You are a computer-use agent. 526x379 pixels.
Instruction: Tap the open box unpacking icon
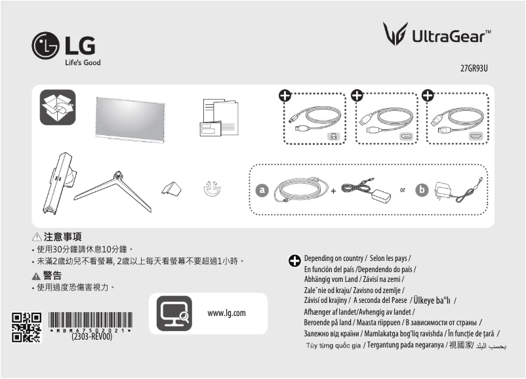pyautogui.click(x=58, y=107)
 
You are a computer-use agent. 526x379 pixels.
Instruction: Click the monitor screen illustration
pyautogui.click(x=128, y=117)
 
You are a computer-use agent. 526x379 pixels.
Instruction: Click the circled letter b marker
pyautogui.click(x=423, y=190)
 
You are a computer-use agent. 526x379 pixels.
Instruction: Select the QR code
pyautogui.click(x=27, y=327)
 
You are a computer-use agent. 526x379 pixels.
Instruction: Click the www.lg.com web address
pyautogui.click(x=226, y=313)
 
